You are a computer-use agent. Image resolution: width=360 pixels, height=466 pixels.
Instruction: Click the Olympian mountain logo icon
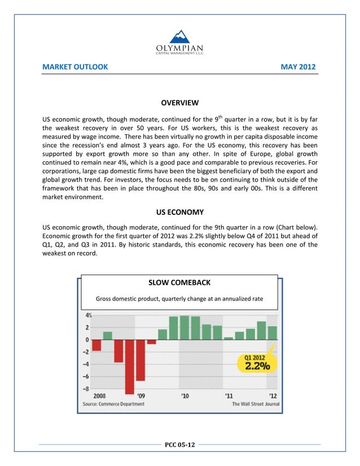tap(180, 37)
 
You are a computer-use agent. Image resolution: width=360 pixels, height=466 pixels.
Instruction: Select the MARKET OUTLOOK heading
tap(75, 67)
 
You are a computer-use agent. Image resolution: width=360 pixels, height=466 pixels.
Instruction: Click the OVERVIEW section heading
tap(179, 103)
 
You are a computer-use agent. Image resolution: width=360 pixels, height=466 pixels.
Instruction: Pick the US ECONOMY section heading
tap(179, 212)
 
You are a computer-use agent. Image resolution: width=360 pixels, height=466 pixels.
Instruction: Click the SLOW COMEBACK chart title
tap(179, 283)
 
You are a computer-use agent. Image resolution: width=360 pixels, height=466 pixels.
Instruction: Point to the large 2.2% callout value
tap(257, 366)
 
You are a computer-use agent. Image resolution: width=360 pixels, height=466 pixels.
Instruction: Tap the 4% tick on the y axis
tap(89, 316)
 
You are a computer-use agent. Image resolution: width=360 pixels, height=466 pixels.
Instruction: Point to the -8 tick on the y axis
tap(87, 389)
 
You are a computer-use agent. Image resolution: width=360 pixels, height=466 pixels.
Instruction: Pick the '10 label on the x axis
tap(185, 396)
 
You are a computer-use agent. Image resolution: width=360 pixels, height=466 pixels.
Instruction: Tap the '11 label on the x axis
tap(230, 396)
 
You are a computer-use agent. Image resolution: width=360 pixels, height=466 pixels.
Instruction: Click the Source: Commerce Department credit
tap(113, 404)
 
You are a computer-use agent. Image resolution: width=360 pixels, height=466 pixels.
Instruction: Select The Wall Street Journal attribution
tap(256, 404)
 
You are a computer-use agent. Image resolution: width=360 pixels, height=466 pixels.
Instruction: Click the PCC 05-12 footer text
tap(179, 445)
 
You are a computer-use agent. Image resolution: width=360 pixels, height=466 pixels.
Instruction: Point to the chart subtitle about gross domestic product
tap(179, 298)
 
